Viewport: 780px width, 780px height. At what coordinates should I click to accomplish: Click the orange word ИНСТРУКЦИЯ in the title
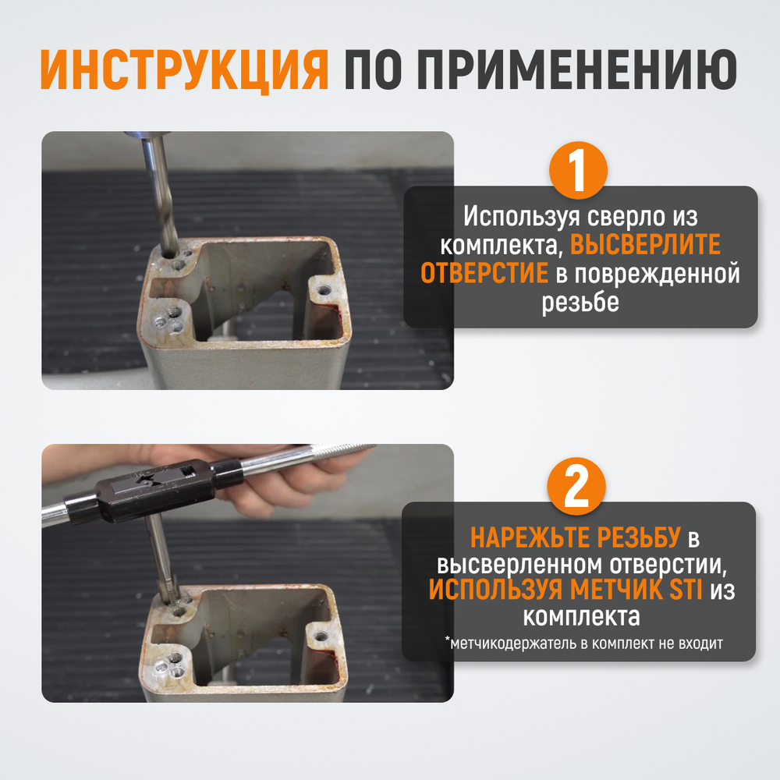tap(185, 71)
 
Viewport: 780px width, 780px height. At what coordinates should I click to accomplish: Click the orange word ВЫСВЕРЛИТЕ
tap(645, 245)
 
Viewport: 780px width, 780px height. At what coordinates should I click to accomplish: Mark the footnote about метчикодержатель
tap(584, 643)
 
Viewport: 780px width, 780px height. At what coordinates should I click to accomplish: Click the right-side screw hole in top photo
tap(323, 292)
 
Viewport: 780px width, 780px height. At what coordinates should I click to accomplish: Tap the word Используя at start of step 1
tap(511, 215)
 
